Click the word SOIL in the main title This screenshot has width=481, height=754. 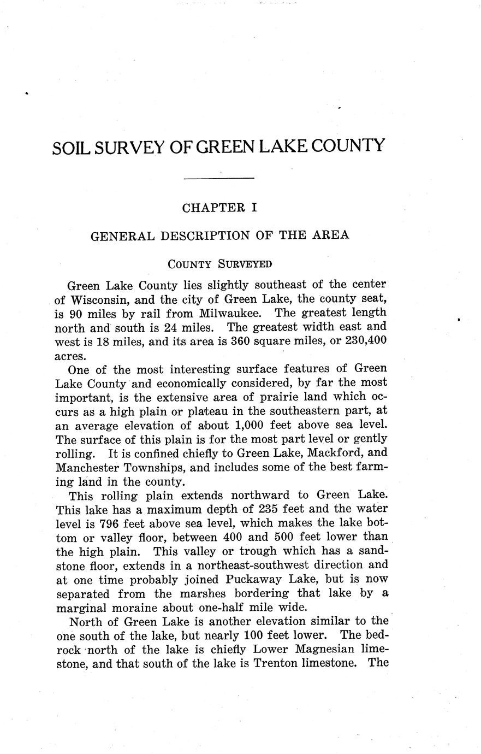tap(71, 148)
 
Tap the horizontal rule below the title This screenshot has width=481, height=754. tap(219, 178)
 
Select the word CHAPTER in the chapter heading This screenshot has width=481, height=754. tap(210, 208)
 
